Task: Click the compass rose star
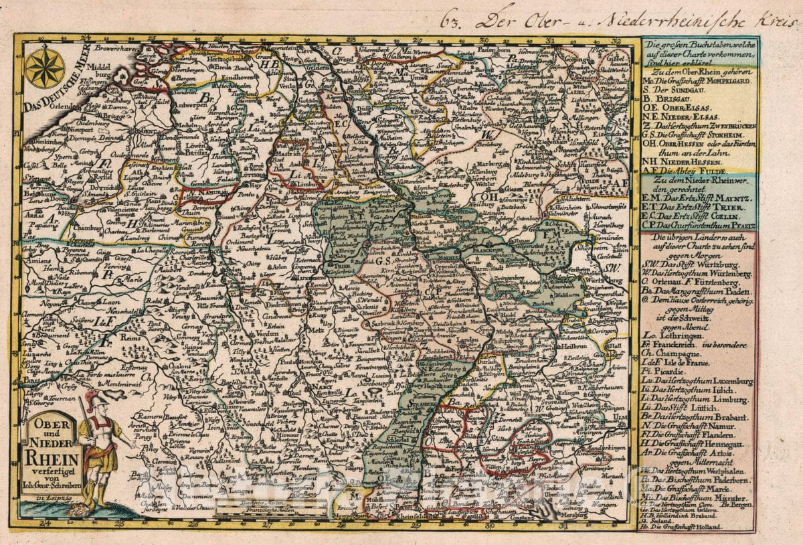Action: click(x=45, y=67)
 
